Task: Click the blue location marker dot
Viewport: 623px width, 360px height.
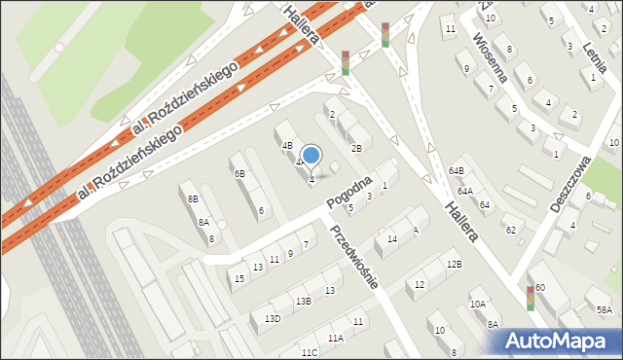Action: [311, 155]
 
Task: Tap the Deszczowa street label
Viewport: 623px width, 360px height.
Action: [571, 176]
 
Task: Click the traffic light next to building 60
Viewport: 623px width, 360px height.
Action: [530, 298]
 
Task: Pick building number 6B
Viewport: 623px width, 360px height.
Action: [239, 173]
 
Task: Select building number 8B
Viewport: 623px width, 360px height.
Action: [193, 198]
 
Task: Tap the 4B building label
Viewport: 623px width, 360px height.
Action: [287, 146]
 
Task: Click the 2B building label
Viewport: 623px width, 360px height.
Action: [356, 148]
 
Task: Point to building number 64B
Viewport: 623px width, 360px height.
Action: [456, 170]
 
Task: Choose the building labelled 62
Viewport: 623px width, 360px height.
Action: [509, 230]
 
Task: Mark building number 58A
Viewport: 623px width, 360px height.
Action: [605, 310]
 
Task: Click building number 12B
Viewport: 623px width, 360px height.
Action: [454, 264]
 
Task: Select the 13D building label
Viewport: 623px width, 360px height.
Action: [273, 318]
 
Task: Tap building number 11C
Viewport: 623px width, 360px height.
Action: [310, 352]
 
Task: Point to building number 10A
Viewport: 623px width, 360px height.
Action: [477, 304]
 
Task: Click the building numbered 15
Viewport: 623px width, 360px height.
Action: [239, 279]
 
